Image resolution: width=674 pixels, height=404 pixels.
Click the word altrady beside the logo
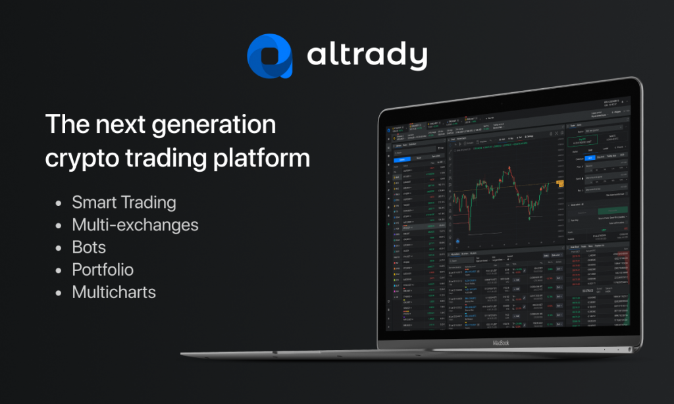pyautogui.click(x=367, y=56)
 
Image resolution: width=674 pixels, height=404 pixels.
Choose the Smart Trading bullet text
pyautogui.click(x=124, y=202)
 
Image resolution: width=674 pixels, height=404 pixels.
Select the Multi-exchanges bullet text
pyautogui.click(x=135, y=225)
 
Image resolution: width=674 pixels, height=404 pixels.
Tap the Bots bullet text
pyautogui.click(x=89, y=247)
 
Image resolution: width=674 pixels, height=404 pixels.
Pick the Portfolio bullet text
pyautogui.click(x=103, y=270)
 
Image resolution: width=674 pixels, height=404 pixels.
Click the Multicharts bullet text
pyautogui.click(x=114, y=292)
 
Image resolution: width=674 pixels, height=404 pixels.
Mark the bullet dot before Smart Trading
pyautogui.click(x=60, y=203)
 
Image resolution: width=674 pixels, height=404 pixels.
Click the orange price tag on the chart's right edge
pyautogui.click(x=559, y=182)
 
